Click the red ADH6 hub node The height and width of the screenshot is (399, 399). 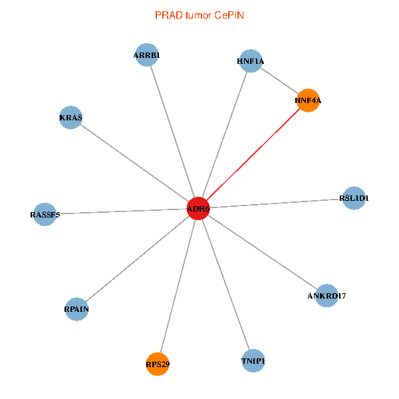[198, 209]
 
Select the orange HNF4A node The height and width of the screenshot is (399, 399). [308, 100]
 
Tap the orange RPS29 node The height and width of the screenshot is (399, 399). [158, 364]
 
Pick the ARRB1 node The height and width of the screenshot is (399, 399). [147, 55]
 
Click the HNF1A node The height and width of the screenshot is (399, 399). [251, 61]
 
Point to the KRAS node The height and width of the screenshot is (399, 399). [70, 118]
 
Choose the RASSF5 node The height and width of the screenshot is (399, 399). [45, 214]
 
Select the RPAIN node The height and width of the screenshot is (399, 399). [77, 309]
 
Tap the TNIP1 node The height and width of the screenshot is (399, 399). [253, 361]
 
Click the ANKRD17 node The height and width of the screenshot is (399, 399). [327, 295]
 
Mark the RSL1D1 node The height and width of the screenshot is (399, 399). [354, 198]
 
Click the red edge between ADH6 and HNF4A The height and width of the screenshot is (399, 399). [253, 155]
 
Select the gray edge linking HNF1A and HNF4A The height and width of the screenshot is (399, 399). [279, 81]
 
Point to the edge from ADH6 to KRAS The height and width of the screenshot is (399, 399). [134, 164]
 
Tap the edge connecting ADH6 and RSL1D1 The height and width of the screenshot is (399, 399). [276, 203]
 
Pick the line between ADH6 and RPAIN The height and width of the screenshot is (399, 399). [138, 259]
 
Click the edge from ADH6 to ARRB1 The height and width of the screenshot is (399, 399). [173, 132]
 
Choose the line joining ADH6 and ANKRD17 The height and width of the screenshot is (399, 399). [262, 251]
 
